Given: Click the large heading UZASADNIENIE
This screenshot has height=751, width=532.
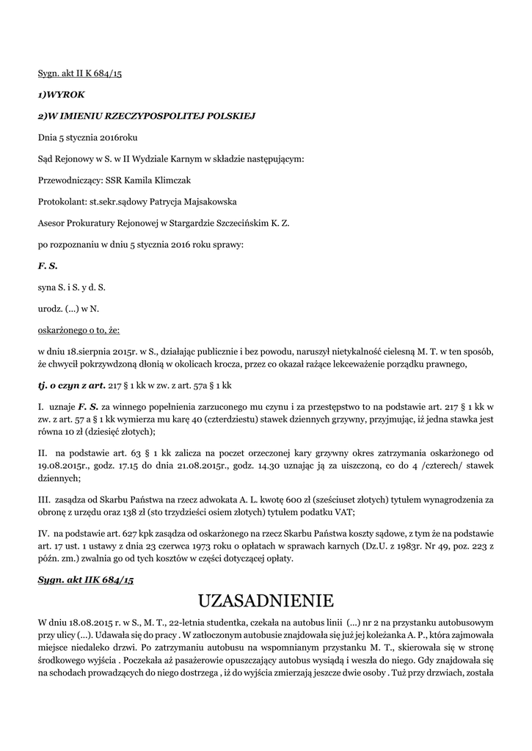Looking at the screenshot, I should [x=266, y=601].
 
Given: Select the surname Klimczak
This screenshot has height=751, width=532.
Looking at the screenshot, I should [x=170, y=179].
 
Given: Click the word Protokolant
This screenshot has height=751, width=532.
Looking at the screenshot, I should [x=61, y=200].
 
